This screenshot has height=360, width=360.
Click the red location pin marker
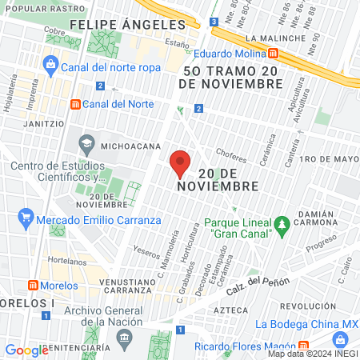click(x=180, y=162)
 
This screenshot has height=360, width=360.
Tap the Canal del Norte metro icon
click(x=76, y=104)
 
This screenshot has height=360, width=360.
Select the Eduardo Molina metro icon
click(x=273, y=54)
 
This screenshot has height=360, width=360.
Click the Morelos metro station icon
click(x=33, y=286)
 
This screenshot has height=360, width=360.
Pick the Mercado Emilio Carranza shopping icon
click(x=26, y=216)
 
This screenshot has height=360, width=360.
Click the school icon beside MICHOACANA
click(x=86, y=146)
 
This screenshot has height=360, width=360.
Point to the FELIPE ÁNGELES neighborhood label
click(x=127, y=25)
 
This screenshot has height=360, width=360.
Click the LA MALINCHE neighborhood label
click(x=276, y=38)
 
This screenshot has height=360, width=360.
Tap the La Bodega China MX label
click(x=307, y=324)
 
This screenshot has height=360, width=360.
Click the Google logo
click(x=27, y=350)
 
